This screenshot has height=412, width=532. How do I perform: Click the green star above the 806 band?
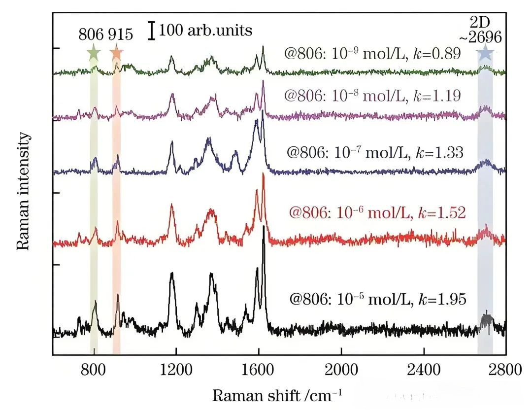93,52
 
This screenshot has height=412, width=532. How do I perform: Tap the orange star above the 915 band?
116,52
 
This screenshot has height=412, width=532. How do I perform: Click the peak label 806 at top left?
91,35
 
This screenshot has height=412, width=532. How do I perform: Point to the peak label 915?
120,35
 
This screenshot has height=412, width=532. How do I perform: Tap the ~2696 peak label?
485,37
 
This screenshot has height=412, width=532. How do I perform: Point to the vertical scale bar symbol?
153,31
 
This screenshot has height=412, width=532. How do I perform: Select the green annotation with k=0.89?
372,53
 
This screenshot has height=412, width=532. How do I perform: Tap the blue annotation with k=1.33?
374,152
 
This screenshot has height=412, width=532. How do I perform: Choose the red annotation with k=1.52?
377,212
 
